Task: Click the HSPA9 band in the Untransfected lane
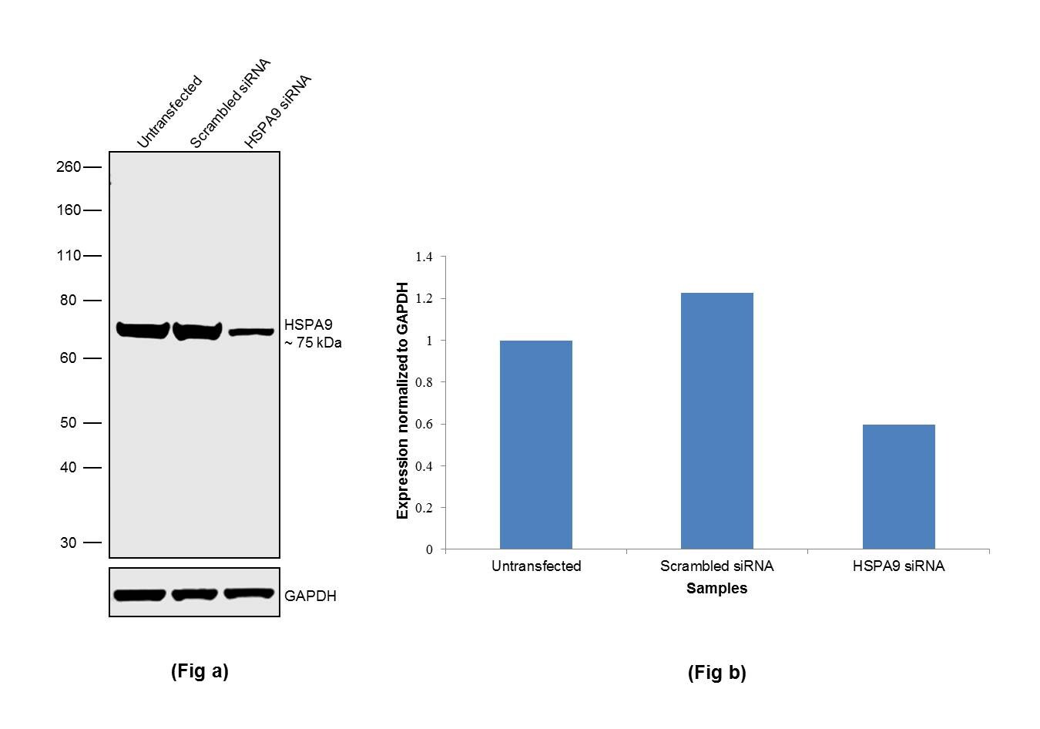[x=143, y=330]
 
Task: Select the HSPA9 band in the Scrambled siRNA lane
[x=197, y=331]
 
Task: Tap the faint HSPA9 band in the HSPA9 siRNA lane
[x=251, y=332]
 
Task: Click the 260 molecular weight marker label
[x=68, y=167]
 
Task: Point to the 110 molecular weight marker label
[x=68, y=256]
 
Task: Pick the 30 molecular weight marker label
[x=69, y=543]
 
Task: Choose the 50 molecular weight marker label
[x=69, y=423]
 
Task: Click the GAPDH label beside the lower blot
[x=310, y=596]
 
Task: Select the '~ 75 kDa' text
[x=313, y=343]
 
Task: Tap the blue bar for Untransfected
[x=535, y=445]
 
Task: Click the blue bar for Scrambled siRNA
[x=716, y=421]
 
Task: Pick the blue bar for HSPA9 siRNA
[x=898, y=486]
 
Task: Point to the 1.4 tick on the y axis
[x=424, y=257]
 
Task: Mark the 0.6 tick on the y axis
[x=424, y=425]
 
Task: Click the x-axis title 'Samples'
[x=716, y=589]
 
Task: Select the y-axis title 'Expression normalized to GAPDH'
[x=402, y=401]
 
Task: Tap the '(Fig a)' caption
[x=200, y=671]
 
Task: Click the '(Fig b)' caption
[x=716, y=673]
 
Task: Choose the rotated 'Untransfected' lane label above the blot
[x=169, y=112]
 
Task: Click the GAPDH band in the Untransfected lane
[x=139, y=595]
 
